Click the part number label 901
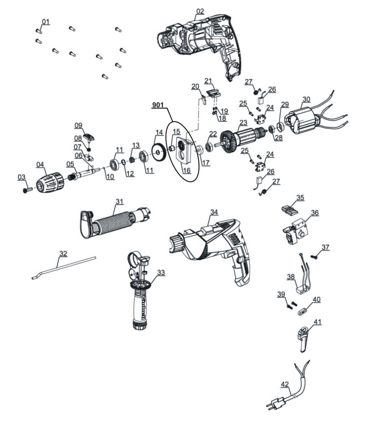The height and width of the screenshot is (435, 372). coord(158,105)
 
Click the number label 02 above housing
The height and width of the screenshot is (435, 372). coord(200,11)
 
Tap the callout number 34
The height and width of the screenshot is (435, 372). coord(214,212)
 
